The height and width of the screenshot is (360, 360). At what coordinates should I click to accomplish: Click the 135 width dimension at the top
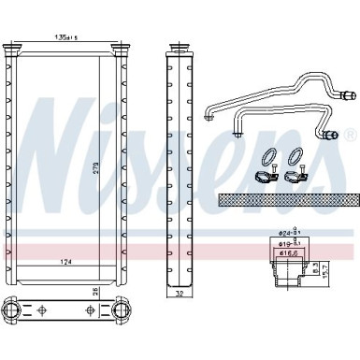pos(66,37)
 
